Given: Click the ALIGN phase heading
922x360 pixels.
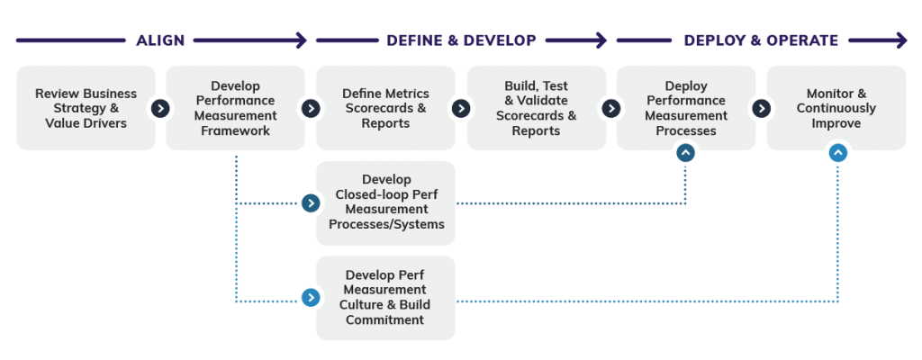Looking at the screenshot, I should [x=160, y=40].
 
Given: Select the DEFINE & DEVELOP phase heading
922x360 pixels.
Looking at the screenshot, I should [x=461, y=40].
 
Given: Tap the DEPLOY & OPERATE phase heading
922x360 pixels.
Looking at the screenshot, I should [x=761, y=40].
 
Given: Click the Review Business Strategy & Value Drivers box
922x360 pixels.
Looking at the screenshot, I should [x=86, y=108].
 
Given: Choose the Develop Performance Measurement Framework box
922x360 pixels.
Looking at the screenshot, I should [x=236, y=108].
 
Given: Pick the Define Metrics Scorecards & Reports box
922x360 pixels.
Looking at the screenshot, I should [x=385, y=108].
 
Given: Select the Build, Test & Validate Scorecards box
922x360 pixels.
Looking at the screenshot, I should [x=536, y=108].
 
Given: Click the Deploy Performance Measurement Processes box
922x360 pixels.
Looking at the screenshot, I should [x=686, y=108].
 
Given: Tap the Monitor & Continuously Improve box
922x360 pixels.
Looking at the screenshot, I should [x=836, y=108].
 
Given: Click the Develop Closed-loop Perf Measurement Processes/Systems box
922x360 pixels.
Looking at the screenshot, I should [x=386, y=203].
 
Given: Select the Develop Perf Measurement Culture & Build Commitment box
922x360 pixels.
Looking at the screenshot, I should [x=386, y=298].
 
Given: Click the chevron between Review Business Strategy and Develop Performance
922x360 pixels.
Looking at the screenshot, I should [x=160, y=108].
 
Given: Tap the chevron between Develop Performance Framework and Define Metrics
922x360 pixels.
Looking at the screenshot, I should [x=311, y=108].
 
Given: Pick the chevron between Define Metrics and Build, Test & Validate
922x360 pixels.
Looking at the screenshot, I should [x=461, y=108].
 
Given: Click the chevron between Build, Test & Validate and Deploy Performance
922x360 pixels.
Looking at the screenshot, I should [x=611, y=108].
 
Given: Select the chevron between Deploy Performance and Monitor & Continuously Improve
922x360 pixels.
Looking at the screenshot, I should [x=762, y=108].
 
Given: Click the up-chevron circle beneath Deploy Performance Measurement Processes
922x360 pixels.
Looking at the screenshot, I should [x=686, y=153].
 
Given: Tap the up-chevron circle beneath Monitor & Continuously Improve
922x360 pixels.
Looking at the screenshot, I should [x=837, y=153].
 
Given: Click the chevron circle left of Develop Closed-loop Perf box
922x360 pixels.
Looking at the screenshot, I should [x=311, y=203].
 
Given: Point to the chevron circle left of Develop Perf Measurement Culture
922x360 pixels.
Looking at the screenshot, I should [x=311, y=298].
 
